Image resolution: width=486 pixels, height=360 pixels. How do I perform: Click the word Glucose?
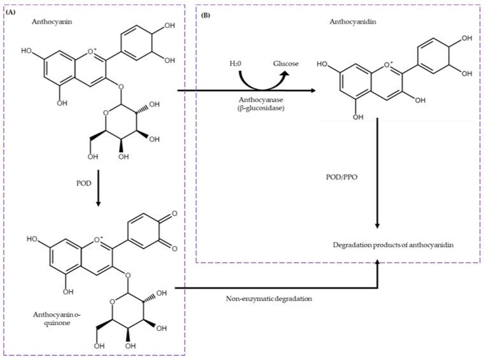pyautogui.click(x=285, y=64)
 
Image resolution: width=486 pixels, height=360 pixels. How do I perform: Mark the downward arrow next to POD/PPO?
pyautogui.click(x=378, y=178)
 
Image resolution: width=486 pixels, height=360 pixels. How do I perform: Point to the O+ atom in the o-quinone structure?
pyautogui.click(x=99, y=240)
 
